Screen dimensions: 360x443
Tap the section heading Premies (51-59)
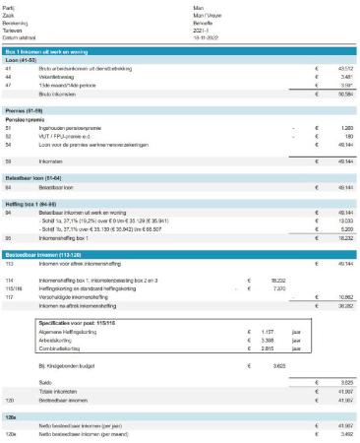pos(27,111)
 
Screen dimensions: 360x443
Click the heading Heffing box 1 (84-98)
pos(32,202)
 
